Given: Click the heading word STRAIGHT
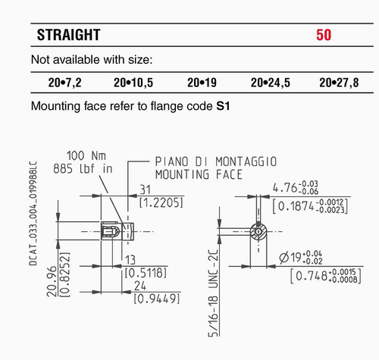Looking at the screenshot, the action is click(69, 35).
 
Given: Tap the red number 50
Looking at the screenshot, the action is click(324, 35).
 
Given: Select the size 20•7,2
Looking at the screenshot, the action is click(65, 83).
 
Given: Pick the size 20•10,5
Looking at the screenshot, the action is click(133, 83).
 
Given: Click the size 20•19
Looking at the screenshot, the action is click(202, 83).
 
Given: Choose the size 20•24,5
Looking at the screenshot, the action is click(271, 83).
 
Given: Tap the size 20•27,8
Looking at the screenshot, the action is click(339, 83).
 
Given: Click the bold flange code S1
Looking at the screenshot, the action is click(223, 106).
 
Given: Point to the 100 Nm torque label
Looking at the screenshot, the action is click(86, 155).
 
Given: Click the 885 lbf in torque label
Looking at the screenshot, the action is click(83, 168).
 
